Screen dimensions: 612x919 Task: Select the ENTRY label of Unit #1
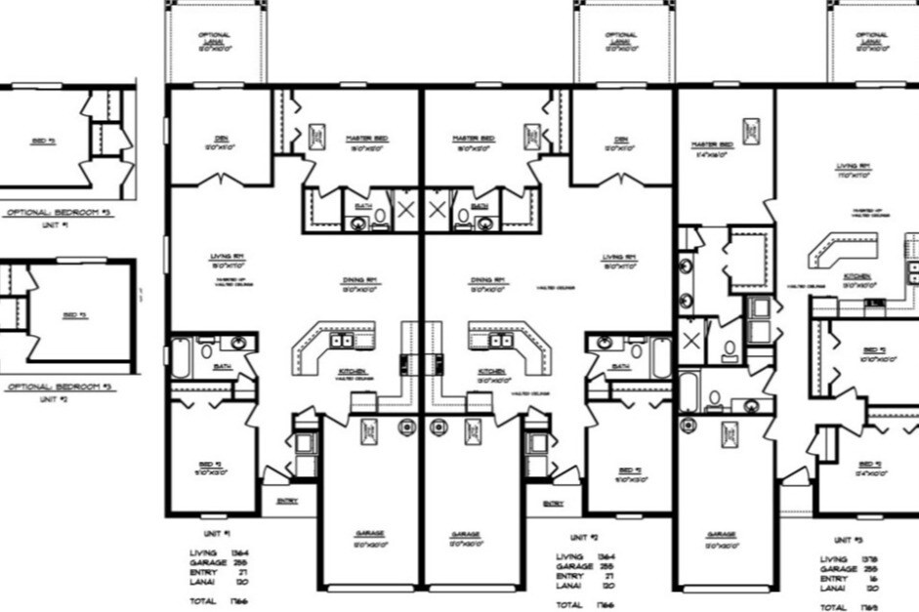pos(286,501)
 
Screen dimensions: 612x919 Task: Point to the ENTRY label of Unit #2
pos(553,502)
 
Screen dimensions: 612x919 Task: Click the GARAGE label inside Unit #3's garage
pos(722,534)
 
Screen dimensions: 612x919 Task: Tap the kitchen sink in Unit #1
pos(343,341)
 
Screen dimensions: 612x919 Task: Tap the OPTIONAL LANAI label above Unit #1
pos(215,40)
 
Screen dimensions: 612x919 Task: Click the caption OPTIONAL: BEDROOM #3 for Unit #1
pos(59,212)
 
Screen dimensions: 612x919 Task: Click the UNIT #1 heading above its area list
pos(216,535)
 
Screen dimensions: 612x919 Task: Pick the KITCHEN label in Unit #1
pos(352,372)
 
